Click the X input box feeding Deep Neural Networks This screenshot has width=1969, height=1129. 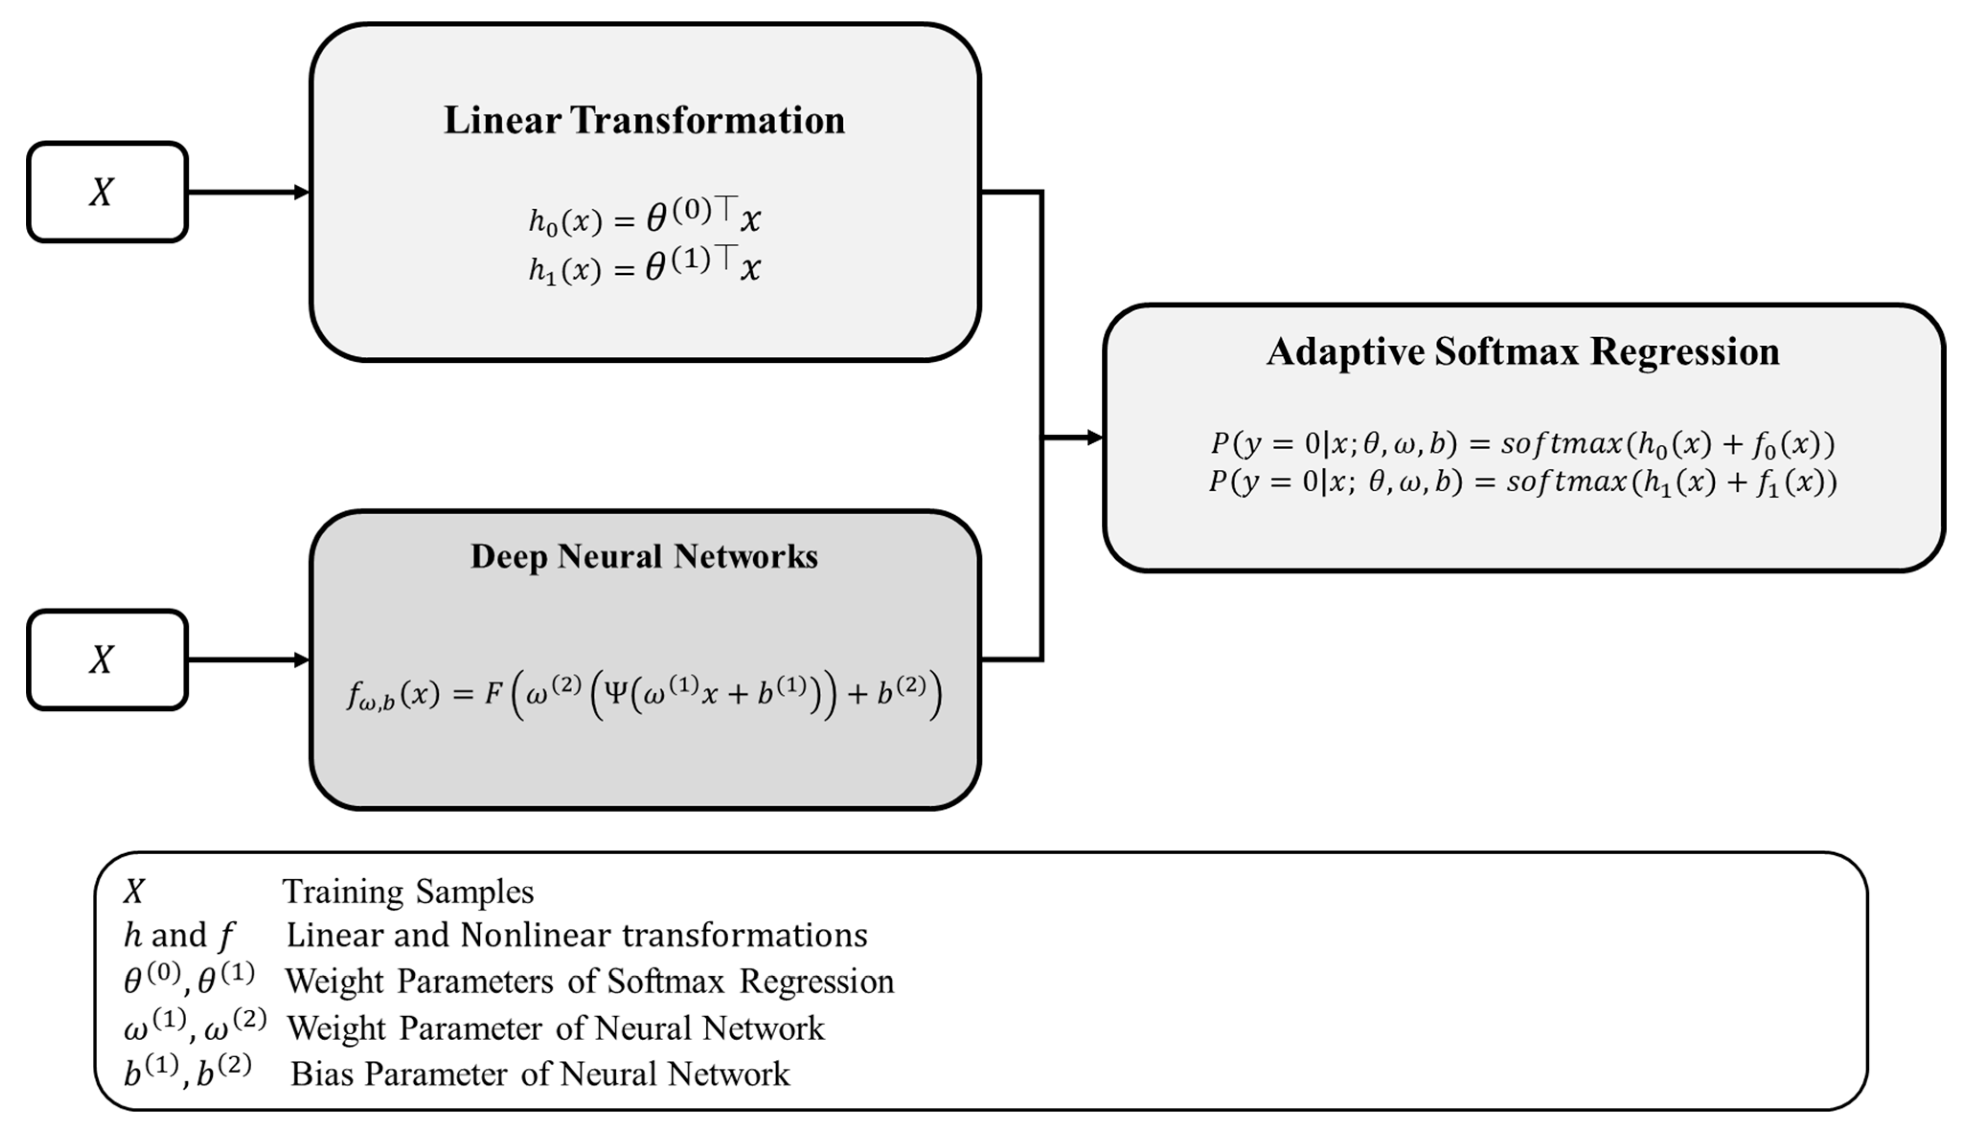[107, 660]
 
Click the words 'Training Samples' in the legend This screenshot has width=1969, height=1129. [408, 892]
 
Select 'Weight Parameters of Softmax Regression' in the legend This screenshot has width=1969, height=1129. [589, 982]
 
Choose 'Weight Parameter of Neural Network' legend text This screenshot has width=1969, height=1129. [555, 1028]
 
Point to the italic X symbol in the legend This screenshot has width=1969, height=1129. [134, 892]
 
